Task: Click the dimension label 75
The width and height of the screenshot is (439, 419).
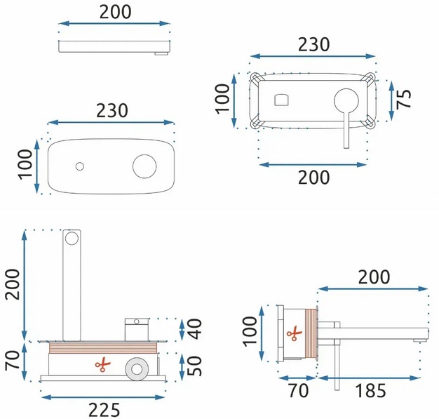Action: (x=404, y=99)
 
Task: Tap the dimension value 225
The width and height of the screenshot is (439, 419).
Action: (x=104, y=410)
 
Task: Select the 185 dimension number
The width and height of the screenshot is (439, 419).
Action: (x=370, y=390)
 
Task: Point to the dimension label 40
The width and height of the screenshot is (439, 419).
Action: (x=194, y=329)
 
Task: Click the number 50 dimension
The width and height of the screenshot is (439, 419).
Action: (x=194, y=366)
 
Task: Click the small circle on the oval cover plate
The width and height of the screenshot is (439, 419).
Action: (x=80, y=166)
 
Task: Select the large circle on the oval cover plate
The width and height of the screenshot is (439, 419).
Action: (x=144, y=166)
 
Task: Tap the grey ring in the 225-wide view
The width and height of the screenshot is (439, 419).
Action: (x=137, y=369)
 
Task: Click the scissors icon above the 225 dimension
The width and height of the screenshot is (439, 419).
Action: (x=103, y=365)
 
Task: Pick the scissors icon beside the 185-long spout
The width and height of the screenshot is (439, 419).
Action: (x=295, y=333)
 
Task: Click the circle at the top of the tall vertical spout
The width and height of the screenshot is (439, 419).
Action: (x=72, y=238)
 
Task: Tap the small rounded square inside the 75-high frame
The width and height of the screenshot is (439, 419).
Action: (x=281, y=100)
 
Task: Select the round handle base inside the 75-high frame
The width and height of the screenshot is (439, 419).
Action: (x=346, y=101)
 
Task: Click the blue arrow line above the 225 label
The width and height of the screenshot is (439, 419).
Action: (x=103, y=397)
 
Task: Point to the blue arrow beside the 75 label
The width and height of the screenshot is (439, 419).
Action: (x=391, y=100)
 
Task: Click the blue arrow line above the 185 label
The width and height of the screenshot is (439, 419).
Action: (x=370, y=378)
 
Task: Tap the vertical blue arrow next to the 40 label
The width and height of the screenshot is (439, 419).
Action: (x=182, y=330)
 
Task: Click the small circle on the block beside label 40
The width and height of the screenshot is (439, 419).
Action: (x=137, y=321)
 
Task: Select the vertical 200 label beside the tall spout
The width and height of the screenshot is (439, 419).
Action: (x=13, y=284)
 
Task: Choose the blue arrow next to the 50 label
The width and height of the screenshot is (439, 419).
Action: (x=182, y=367)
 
